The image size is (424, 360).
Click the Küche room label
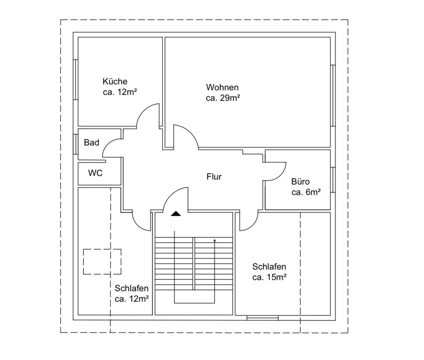pyautogui.click(x=115, y=82)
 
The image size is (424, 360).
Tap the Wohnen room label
pyautogui.click(x=222, y=87)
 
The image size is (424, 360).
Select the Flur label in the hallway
pyautogui.click(x=214, y=177)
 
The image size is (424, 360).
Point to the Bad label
pyautogui.click(x=91, y=142)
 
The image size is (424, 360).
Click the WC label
pyautogui.click(x=95, y=173)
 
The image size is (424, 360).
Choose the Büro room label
pyautogui.click(x=300, y=181)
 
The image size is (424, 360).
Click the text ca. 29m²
pyautogui.click(x=223, y=98)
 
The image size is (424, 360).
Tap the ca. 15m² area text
pyautogui.click(x=269, y=277)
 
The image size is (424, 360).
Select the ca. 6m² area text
pyautogui.click(x=306, y=192)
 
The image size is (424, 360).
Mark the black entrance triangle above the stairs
pyautogui.click(x=176, y=214)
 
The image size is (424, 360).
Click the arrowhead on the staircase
pyautogui.click(x=215, y=240)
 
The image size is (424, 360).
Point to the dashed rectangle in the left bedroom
pyautogui.click(x=102, y=262)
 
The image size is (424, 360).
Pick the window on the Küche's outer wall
pyautogui.click(x=76, y=79)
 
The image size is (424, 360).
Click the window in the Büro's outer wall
pyautogui.click(x=333, y=180)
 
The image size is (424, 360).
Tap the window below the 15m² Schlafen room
pyautogui.click(x=262, y=317)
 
